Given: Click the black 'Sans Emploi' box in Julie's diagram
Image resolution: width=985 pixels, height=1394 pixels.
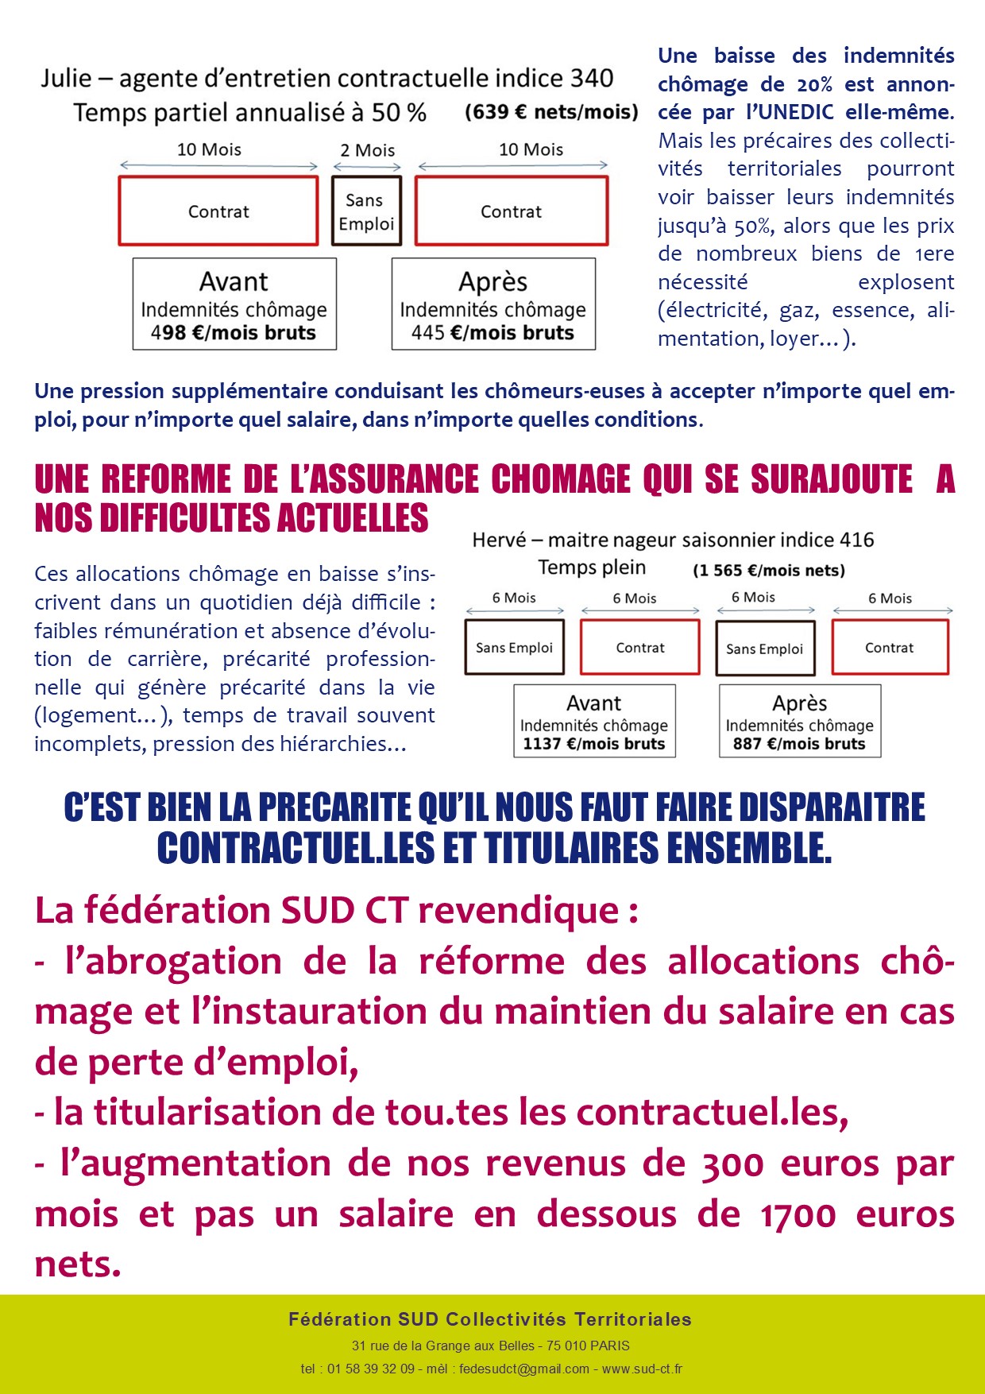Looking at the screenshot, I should pos(366,211).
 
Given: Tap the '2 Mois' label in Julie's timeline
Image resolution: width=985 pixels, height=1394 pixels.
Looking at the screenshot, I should pos(367,150).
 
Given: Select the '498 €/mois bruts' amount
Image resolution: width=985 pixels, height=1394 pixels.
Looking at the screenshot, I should pos(234,333).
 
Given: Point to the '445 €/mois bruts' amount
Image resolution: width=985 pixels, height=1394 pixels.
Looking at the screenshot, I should pos(492,333).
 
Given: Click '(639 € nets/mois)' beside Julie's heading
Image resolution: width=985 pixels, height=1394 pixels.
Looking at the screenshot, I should pos(551,112).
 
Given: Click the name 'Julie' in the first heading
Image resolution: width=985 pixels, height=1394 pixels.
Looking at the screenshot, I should pos(66,79).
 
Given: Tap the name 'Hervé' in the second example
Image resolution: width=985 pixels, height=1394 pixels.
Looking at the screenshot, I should pos(499,540).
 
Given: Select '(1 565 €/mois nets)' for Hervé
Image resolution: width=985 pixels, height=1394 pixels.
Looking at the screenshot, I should pos(768,571).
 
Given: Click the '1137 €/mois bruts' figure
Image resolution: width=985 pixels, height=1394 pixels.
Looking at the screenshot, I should pos(593,744).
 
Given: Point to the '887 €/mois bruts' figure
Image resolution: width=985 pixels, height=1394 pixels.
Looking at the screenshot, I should pos(799,744).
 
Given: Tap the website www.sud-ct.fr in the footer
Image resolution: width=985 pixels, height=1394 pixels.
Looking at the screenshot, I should pos(642,1369).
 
